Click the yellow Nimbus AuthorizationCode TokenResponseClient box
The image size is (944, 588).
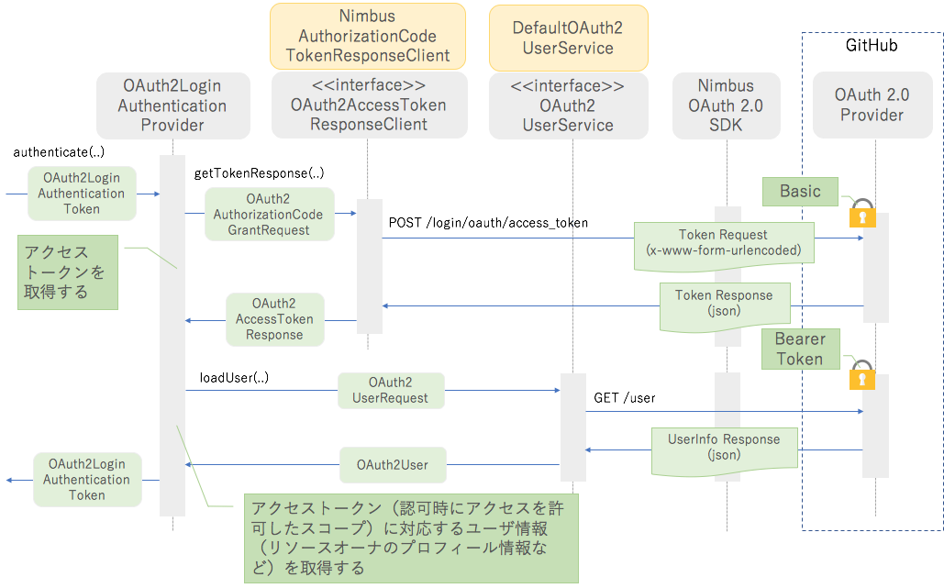tap(367, 36)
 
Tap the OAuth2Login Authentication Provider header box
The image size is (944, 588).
tap(172, 105)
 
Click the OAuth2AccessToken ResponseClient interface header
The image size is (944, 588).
tap(368, 105)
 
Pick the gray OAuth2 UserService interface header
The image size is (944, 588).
tap(568, 105)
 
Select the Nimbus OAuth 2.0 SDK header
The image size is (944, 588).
tap(726, 105)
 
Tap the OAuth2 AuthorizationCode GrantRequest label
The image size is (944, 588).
tap(268, 215)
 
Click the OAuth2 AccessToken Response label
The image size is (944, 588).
tap(274, 319)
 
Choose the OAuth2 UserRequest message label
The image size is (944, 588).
tap(391, 391)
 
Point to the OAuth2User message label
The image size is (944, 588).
tap(393, 465)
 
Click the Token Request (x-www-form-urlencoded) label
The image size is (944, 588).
tap(723, 243)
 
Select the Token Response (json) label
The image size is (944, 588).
tap(723, 304)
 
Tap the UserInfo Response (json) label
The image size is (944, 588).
tap(723, 448)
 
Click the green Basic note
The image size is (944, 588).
tap(800, 192)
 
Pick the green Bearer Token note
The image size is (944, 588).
tap(800, 349)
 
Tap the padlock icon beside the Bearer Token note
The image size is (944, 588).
tap(861, 375)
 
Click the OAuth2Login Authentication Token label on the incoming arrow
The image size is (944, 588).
tap(82, 194)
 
